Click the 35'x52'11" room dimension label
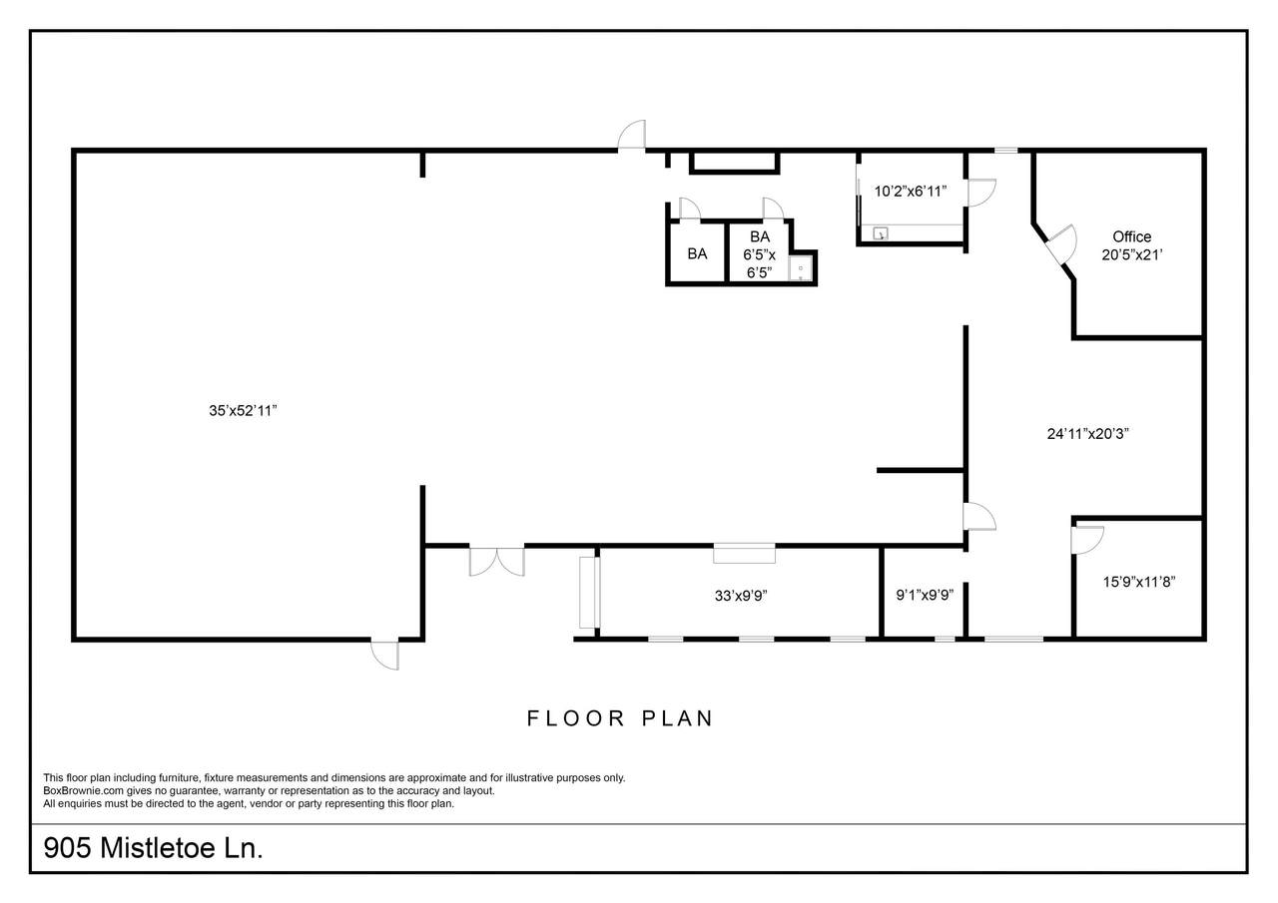click(243, 410)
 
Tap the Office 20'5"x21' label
click(1132, 245)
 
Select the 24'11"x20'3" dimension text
click(1088, 434)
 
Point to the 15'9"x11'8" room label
click(1139, 582)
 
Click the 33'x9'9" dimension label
click(741, 596)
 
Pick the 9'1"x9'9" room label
click(925, 595)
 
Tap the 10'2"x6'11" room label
click(911, 191)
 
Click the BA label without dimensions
click(697, 253)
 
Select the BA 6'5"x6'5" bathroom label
click(760, 254)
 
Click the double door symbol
click(497, 562)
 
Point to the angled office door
click(1062, 245)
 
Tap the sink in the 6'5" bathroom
click(801, 268)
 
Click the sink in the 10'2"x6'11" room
click(881, 233)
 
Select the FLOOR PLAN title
click(620, 718)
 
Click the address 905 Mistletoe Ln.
click(153, 848)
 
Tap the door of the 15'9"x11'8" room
click(1087, 540)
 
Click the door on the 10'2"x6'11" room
click(981, 193)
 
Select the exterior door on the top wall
click(632, 135)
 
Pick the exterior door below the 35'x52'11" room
click(385, 655)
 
